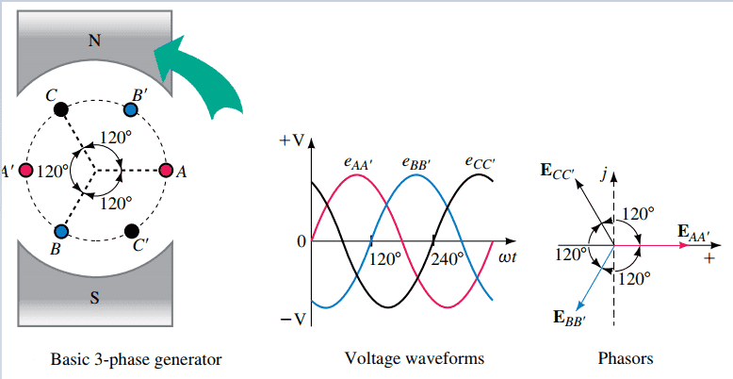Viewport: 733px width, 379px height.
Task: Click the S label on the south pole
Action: tap(93, 299)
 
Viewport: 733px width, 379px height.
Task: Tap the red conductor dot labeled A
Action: tap(166, 171)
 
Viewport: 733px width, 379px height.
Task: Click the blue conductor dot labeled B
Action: tap(61, 231)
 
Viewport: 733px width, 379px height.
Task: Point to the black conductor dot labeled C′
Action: tap(131, 231)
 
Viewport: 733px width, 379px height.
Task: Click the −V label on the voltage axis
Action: tap(291, 319)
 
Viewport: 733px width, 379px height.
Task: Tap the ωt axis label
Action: tap(506, 257)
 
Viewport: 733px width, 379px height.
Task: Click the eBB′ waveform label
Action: tap(416, 162)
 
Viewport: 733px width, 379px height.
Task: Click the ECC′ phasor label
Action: tap(560, 171)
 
